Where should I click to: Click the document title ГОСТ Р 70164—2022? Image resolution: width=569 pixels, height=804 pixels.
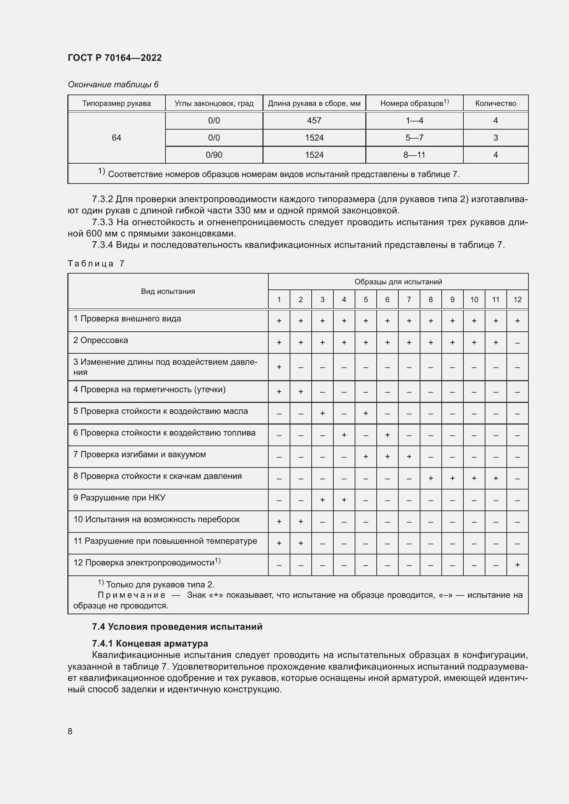115,58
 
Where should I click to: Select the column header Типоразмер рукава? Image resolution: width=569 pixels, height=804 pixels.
116,103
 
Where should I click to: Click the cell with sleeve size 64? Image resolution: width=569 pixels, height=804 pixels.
116,137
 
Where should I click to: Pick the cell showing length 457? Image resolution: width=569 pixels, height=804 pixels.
314,120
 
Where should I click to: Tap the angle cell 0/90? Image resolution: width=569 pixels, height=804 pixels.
214,155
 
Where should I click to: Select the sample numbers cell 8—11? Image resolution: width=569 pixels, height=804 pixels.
414,155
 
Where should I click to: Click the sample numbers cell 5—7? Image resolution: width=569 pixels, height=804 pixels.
414,137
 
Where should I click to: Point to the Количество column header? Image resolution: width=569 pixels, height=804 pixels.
495,103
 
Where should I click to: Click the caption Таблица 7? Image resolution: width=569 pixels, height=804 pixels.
96,263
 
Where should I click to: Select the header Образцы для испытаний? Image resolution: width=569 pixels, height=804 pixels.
398,282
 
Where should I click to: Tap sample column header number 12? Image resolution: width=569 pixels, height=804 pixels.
517,299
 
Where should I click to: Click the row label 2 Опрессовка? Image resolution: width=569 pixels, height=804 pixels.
100,340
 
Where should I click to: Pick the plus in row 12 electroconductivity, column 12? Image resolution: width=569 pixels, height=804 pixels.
517,564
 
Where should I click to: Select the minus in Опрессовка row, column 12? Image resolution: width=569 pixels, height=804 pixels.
517,343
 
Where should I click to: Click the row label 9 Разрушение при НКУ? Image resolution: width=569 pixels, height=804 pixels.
119,498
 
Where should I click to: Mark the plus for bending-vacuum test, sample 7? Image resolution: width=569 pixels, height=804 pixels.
409,456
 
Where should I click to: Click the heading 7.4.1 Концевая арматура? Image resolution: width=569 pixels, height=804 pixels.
150,643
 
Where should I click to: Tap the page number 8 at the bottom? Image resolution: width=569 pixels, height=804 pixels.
70,731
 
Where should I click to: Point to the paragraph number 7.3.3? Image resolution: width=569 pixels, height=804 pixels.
102,222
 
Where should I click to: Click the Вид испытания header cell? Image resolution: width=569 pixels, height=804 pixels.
168,291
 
